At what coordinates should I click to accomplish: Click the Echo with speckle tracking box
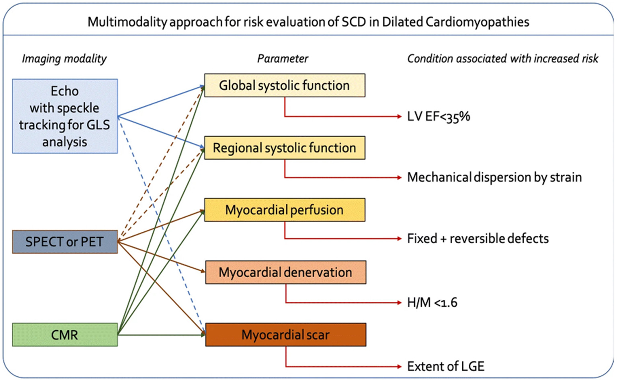(65, 116)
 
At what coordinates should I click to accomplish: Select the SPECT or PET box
(65, 242)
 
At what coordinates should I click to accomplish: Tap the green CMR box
(65, 335)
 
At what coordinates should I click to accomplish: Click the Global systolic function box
(285, 85)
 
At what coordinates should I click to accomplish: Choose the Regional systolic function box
(285, 148)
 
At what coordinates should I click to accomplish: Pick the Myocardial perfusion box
(285, 210)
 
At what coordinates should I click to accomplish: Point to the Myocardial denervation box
(285, 272)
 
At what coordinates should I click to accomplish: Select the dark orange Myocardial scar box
(285, 335)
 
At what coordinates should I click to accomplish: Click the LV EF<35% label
(438, 117)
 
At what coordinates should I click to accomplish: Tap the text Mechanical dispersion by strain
(494, 177)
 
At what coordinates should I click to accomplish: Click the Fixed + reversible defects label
(478, 239)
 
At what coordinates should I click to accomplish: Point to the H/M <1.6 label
(432, 303)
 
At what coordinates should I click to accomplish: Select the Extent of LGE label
(445, 367)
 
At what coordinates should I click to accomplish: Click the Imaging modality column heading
(64, 59)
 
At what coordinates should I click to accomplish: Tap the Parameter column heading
(283, 59)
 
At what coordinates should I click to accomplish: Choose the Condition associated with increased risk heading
(502, 59)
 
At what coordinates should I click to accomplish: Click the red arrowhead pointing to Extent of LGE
(399, 367)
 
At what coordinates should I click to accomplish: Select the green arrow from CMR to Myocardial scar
(161, 335)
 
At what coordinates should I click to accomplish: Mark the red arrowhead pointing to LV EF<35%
(399, 117)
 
